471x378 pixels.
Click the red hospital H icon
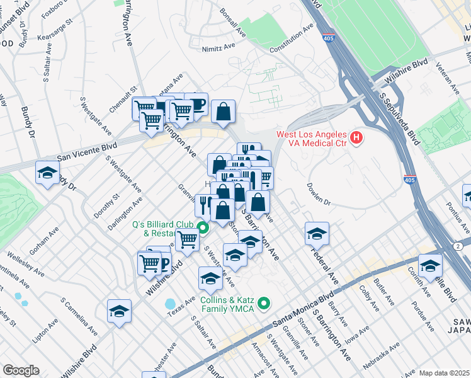[x=357, y=137]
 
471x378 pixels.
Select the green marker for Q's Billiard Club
[x=203, y=227]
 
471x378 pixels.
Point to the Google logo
[x=21, y=370]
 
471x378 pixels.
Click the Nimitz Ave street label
[x=218, y=48]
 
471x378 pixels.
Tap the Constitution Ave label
[x=291, y=39]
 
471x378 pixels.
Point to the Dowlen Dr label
[x=319, y=194]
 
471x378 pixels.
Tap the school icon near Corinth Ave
[x=431, y=265]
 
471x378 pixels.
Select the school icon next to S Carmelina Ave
[x=119, y=311]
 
